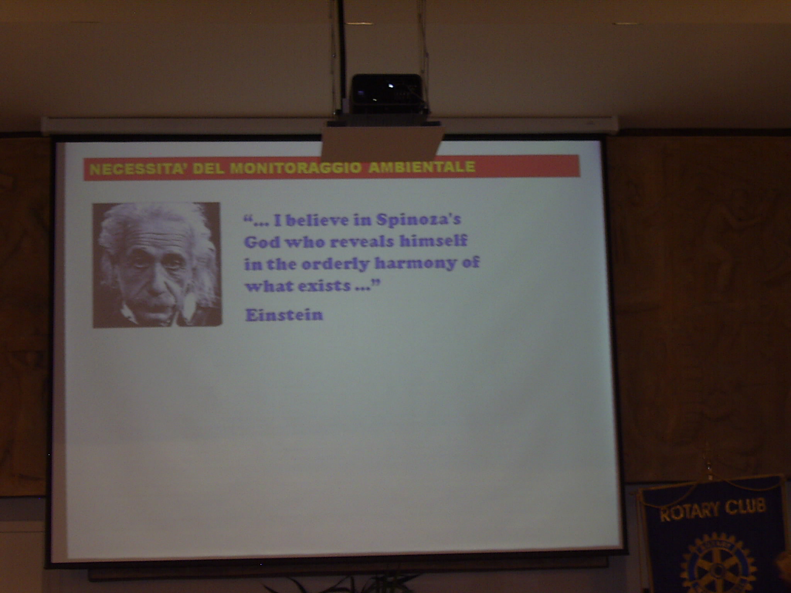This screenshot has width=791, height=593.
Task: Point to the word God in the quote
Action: coord(263,242)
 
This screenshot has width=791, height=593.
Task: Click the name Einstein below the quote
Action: coord(284,315)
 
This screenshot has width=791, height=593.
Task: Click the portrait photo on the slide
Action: coord(157,265)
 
